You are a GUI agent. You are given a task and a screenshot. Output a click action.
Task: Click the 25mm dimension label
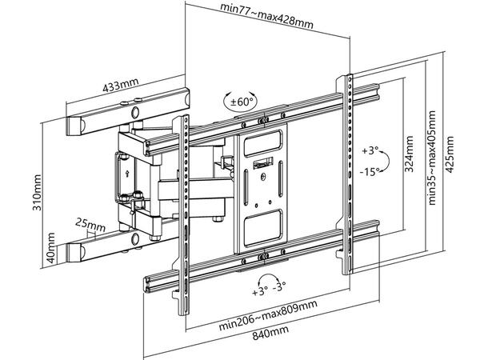(x=90, y=223)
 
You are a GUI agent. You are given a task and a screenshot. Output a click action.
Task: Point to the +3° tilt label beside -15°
(x=369, y=150)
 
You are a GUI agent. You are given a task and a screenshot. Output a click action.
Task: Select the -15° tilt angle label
(x=369, y=172)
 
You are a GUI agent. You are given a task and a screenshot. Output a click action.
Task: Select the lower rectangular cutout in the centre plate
(x=262, y=226)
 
